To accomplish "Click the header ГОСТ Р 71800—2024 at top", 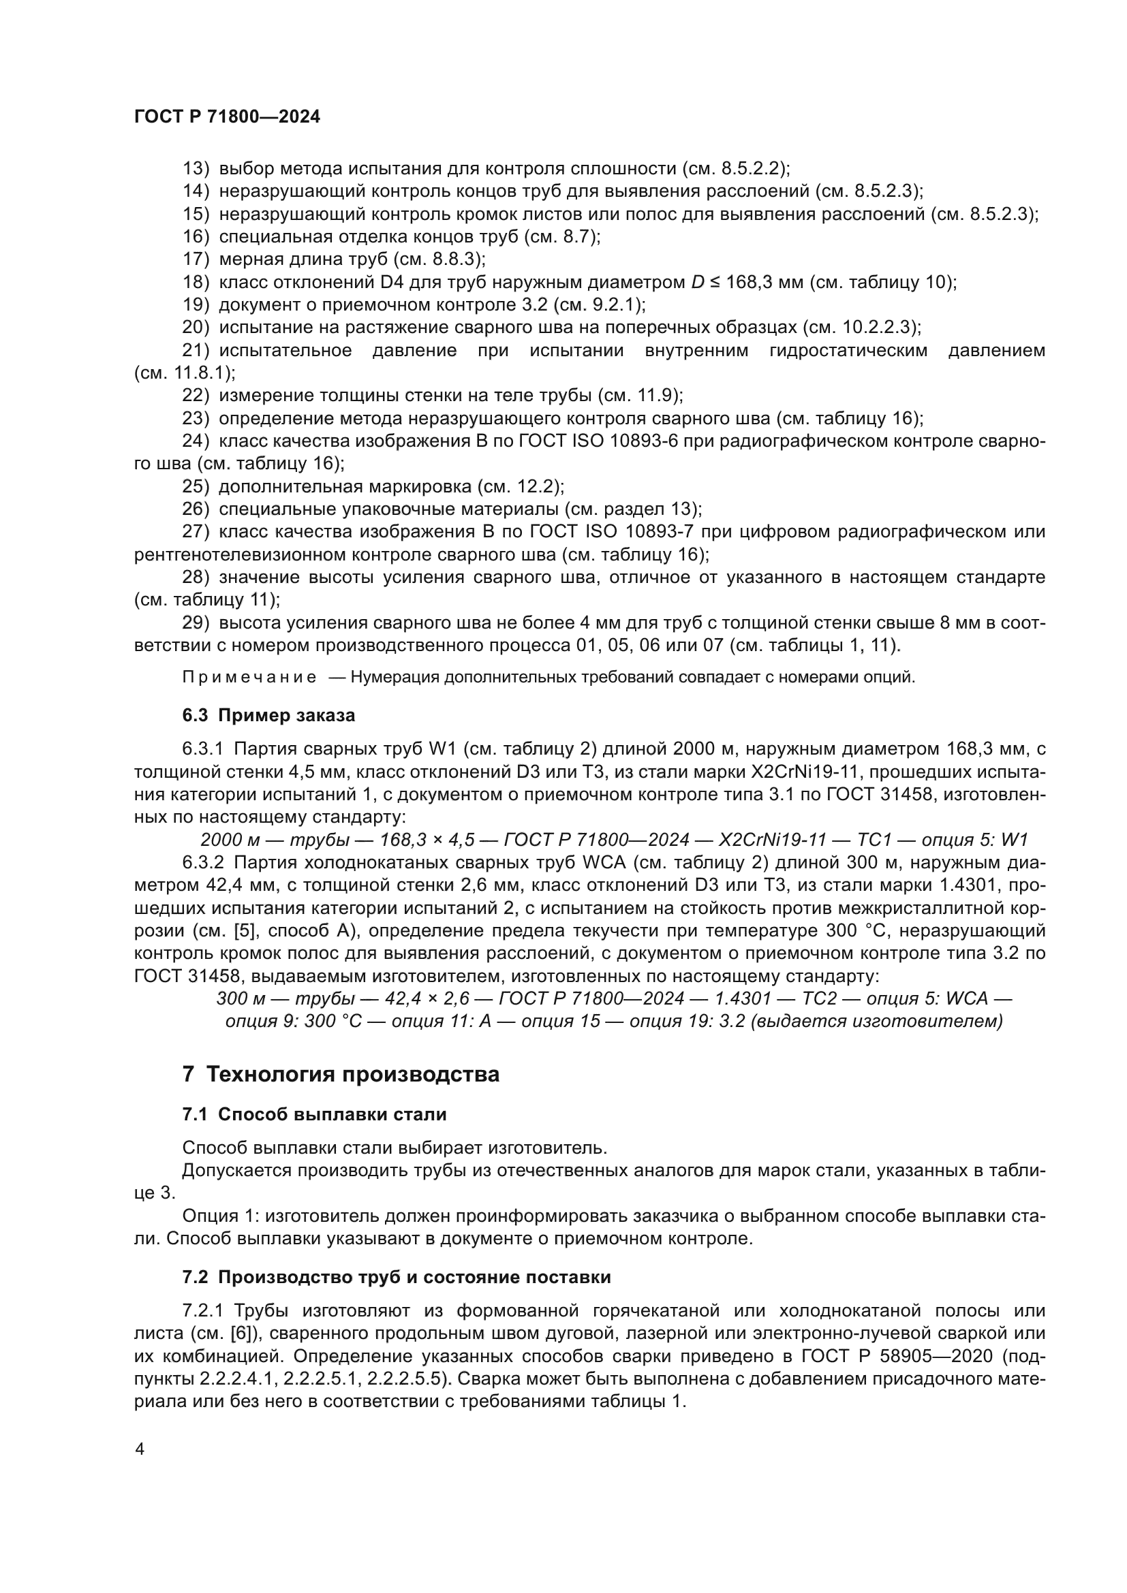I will click(227, 117).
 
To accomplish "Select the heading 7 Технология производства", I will click(341, 1073).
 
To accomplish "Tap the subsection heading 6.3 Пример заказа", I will click(268, 714).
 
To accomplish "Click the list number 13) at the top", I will click(196, 169).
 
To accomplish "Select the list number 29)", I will click(196, 623).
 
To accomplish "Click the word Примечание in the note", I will click(249, 677).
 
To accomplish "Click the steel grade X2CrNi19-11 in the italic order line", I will click(773, 840).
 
